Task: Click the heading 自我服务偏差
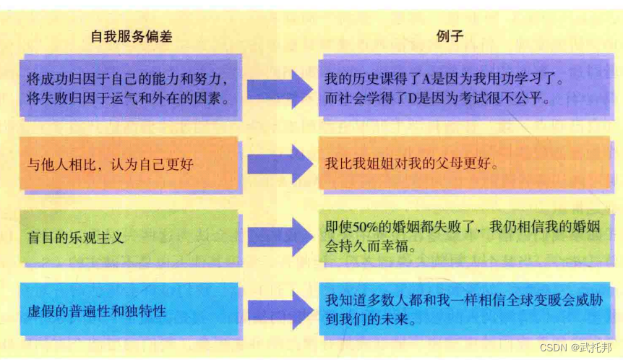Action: point(132,36)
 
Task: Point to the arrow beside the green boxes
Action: point(279,236)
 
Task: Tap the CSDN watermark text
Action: point(556,348)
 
